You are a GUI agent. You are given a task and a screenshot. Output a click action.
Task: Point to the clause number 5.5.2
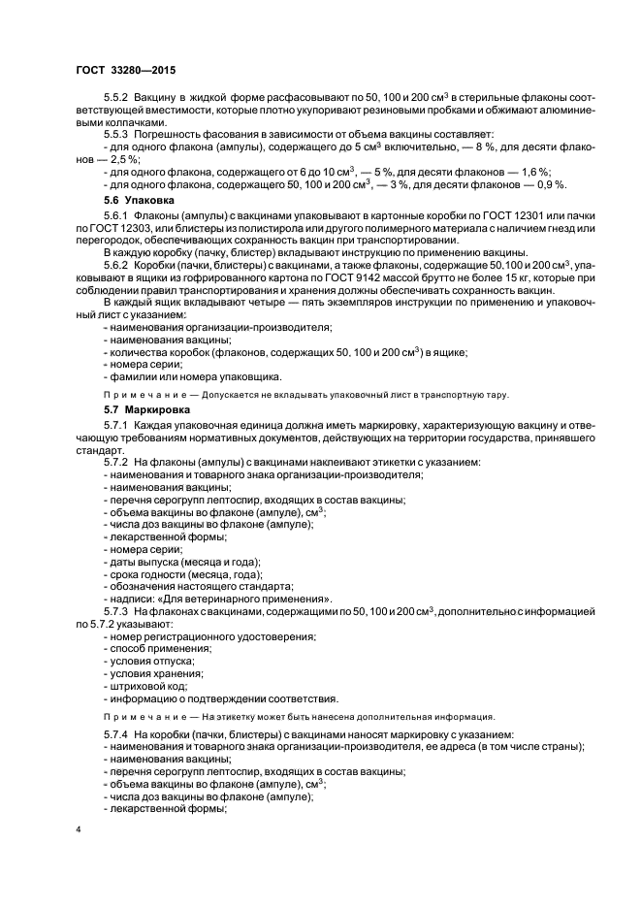tap(117, 100)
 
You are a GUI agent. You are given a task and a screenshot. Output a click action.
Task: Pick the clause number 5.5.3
tap(117, 133)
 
